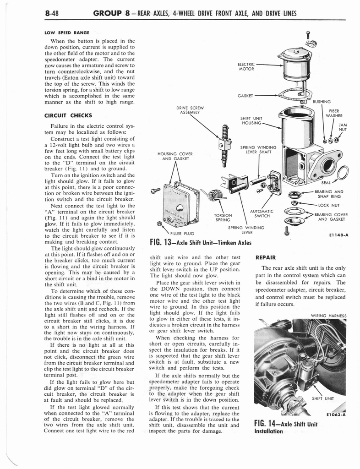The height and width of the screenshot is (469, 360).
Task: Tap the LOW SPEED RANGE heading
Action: [66, 33]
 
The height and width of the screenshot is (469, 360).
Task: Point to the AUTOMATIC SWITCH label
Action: [262, 213]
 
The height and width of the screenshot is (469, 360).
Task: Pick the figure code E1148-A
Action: [338, 235]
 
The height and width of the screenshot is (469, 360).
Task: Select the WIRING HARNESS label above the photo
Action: [328, 316]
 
